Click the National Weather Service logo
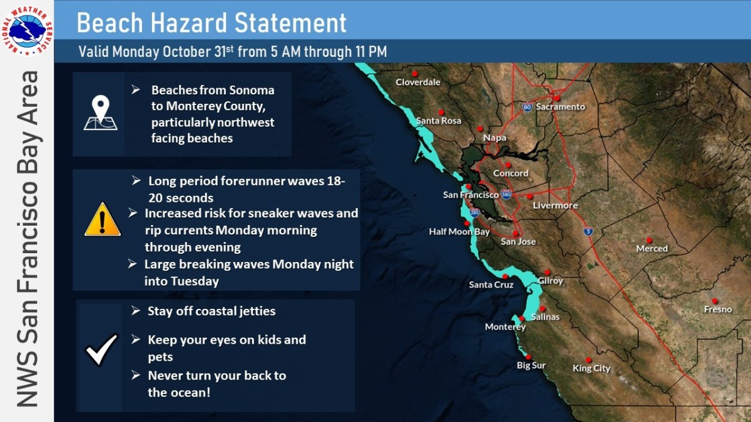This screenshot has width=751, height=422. [27, 31]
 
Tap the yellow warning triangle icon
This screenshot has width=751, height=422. [103, 219]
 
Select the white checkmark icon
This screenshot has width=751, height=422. [101, 349]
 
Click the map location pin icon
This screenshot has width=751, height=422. [101, 113]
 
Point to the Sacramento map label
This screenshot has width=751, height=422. [560, 107]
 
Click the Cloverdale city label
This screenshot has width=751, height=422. [418, 82]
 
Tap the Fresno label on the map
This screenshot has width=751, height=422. [717, 309]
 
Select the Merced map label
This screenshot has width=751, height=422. [651, 249]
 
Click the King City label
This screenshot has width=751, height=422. [591, 368]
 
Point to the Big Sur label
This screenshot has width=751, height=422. [531, 365]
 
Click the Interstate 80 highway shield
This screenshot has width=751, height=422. [527, 107]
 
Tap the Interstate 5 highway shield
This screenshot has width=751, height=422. [588, 231]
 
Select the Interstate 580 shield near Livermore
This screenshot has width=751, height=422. [506, 194]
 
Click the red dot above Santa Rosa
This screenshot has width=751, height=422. [441, 112]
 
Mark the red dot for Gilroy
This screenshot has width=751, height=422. [547, 273]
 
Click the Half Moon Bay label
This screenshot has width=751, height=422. [459, 232]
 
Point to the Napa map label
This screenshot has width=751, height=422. [494, 138]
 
